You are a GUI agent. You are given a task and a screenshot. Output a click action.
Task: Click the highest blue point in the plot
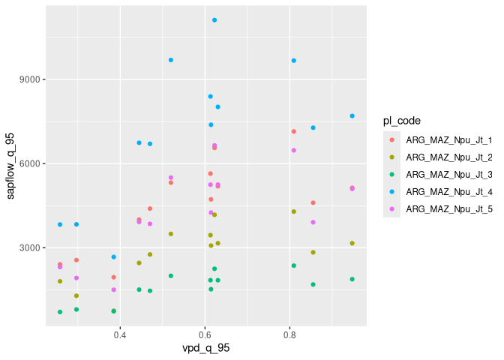214,20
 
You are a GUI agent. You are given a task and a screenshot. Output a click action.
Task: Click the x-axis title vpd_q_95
205,349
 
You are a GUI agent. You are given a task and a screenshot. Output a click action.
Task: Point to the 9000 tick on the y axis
31,79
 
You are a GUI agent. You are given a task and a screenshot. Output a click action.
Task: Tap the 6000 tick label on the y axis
31,163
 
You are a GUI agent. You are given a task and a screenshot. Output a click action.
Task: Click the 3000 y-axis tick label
31,247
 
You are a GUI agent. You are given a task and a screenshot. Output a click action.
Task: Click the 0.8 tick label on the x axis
289,334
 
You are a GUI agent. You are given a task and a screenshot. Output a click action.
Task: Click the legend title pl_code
401,120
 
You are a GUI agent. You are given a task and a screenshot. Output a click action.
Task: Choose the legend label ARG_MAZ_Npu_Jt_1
448,140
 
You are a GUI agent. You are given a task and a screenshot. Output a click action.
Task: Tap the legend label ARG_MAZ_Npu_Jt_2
448,157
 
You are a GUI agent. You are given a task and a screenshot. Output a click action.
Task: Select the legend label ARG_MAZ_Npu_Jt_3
448,175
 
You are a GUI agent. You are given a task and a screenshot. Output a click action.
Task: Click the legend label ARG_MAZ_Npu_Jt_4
448,192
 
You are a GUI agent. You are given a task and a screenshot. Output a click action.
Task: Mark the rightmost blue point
352,116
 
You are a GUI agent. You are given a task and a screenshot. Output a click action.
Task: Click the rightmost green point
352,279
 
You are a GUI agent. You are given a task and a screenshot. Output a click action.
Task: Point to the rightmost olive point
352,243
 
